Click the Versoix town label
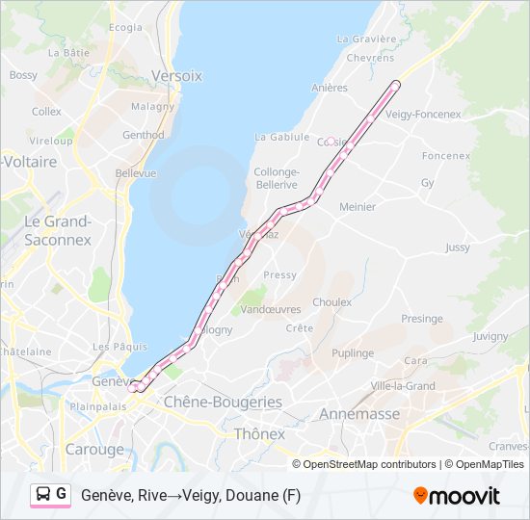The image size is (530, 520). click(x=177, y=75)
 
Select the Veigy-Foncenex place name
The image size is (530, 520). click(x=423, y=114)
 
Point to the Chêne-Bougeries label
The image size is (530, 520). click(x=223, y=402)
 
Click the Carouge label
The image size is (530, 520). click(x=94, y=450)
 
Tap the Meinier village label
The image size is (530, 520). click(x=358, y=206)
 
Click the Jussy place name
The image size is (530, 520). click(x=458, y=247)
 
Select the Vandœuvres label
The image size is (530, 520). click(x=270, y=309)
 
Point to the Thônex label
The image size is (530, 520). click(x=260, y=434)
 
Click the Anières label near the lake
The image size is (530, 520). click(x=330, y=88)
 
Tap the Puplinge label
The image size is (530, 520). click(x=352, y=353)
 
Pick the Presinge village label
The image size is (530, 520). click(x=422, y=319)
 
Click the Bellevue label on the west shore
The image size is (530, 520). click(x=136, y=173)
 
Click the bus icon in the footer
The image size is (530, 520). click(x=43, y=494)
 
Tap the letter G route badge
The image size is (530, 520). click(x=62, y=494)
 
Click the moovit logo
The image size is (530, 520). click(x=457, y=496)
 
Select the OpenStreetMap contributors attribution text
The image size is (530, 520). click(x=369, y=464)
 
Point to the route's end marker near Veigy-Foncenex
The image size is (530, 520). click(x=395, y=85)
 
